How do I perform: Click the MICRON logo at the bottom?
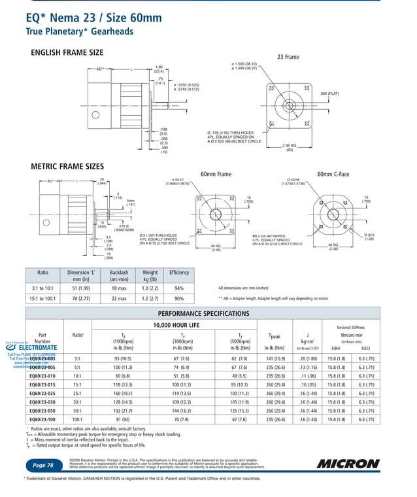click(x=348, y=464)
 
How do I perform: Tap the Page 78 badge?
click(x=44, y=465)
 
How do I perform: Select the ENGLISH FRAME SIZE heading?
click(x=67, y=52)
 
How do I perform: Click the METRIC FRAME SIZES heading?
click(x=68, y=167)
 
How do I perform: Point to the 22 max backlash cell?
click(x=119, y=299)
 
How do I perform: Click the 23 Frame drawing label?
click(x=288, y=57)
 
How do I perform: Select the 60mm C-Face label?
click(x=333, y=174)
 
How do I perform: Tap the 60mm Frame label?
click(x=216, y=174)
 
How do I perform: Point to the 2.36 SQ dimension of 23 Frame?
click(x=289, y=147)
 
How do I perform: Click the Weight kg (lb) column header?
click(x=150, y=275)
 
